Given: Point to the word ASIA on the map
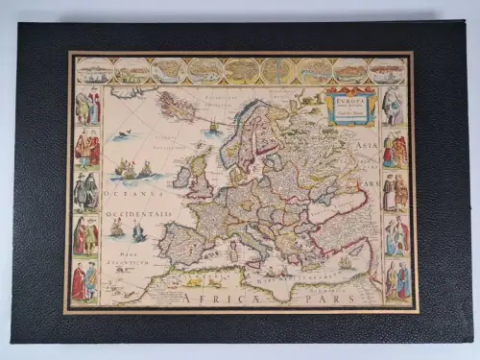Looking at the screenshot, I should [365, 145].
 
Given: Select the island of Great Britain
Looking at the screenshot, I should [199, 173].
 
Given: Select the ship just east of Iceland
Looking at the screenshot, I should [212, 126].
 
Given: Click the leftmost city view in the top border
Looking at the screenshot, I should [94, 70].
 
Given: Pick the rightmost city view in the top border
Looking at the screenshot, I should [386, 70].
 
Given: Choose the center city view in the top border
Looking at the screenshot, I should [240, 70].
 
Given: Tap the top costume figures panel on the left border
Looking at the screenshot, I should [87, 107].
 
